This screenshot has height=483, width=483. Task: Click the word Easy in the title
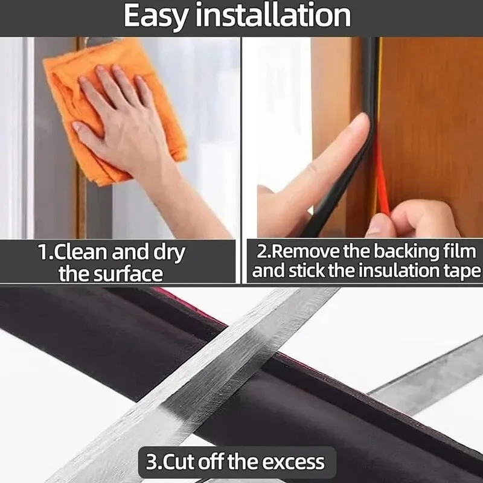[x=156, y=16]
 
